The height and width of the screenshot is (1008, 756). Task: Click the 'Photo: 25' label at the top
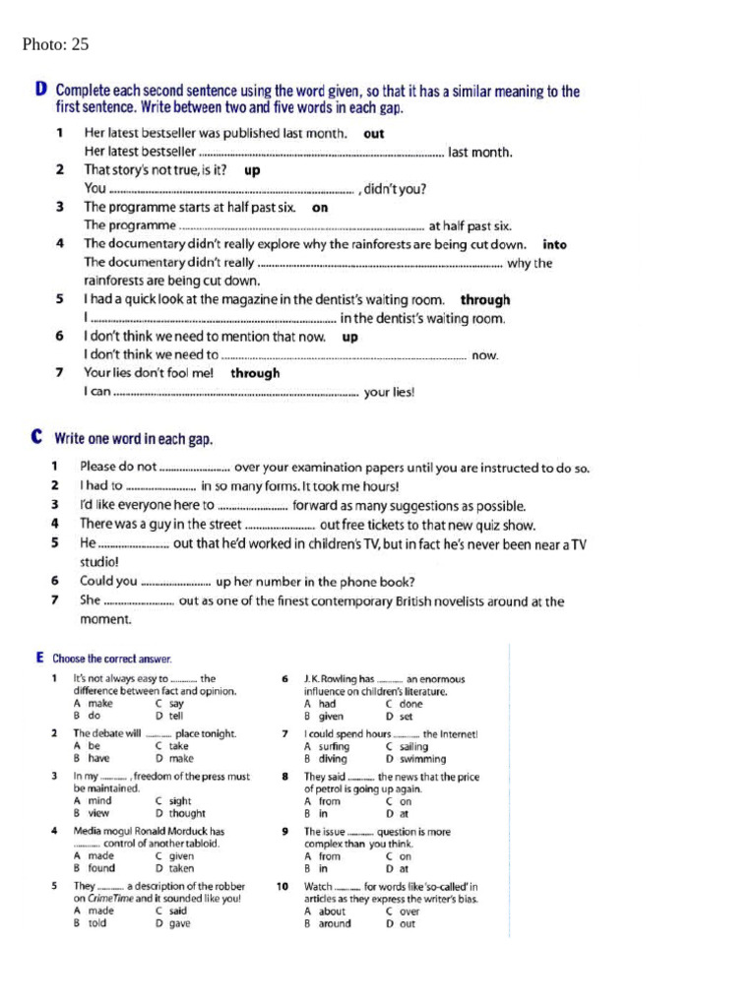(x=55, y=44)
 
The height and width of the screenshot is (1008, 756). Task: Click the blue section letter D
(x=40, y=91)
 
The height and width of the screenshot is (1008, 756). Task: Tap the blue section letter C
(x=37, y=436)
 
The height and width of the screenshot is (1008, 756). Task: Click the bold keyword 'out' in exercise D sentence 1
(x=374, y=134)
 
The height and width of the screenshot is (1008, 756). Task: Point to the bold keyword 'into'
(x=554, y=244)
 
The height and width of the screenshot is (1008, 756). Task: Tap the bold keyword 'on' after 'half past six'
(x=319, y=208)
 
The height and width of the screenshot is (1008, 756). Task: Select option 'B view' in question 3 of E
(x=92, y=813)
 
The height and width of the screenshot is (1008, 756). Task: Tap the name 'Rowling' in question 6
(x=339, y=679)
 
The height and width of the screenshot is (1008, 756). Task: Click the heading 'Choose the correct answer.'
(x=111, y=659)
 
